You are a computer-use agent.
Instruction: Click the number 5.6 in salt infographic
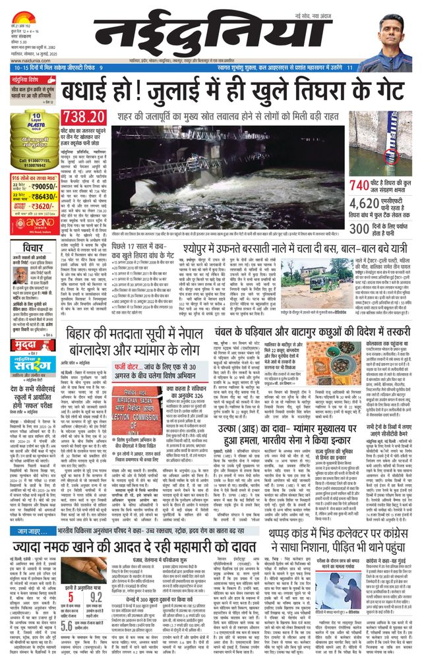(67, 626)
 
